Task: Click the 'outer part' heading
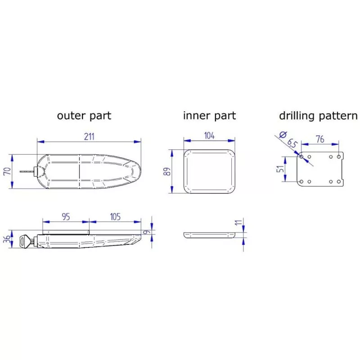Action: [x=84, y=115]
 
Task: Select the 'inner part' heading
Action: [x=209, y=115]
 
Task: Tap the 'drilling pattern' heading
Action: [x=318, y=115]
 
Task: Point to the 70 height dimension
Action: [x=7, y=171]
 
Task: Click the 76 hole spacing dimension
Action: [x=320, y=139]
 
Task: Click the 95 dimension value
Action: [x=66, y=217]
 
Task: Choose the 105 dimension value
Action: [x=115, y=217]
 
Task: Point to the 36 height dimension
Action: [x=6, y=240]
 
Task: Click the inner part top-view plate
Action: [x=210, y=171]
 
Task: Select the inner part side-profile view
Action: [x=210, y=235]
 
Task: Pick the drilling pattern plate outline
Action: [x=320, y=170]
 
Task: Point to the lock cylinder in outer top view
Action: [x=36, y=171]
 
